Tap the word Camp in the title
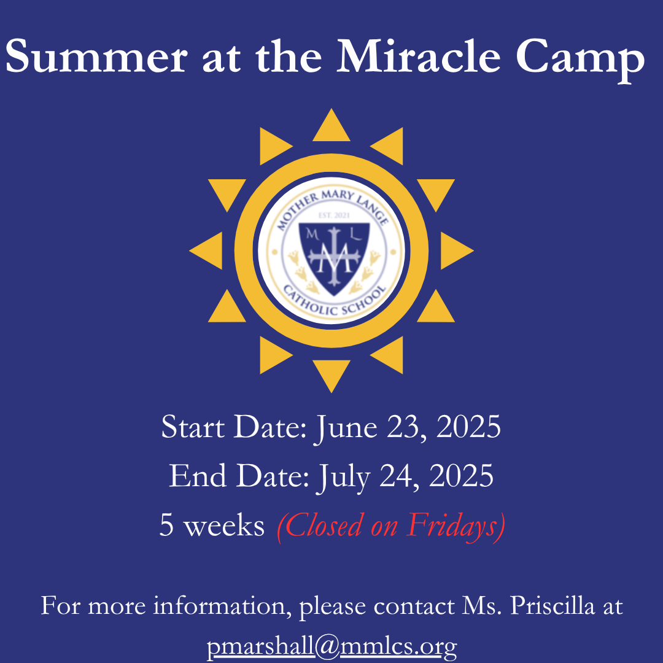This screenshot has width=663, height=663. tap(580, 60)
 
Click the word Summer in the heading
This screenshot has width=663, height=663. tap(96, 56)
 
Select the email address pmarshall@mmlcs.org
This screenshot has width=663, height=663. tap(331, 646)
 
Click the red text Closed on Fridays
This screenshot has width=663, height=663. tap(391, 526)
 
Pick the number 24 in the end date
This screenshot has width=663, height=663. tap(396, 476)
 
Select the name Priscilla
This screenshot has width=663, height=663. tap(552, 606)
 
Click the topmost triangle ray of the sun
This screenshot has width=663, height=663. tap(331, 125)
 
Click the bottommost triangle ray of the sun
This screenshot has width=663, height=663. tap(331, 376)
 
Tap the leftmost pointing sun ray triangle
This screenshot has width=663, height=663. tap(206, 250)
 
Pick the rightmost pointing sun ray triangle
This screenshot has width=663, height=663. tap(457, 250)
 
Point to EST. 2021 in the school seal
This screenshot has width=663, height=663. tap(334, 215)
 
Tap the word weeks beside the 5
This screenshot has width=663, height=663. tap(225, 525)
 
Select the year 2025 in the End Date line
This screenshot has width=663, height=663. tap(461, 476)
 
